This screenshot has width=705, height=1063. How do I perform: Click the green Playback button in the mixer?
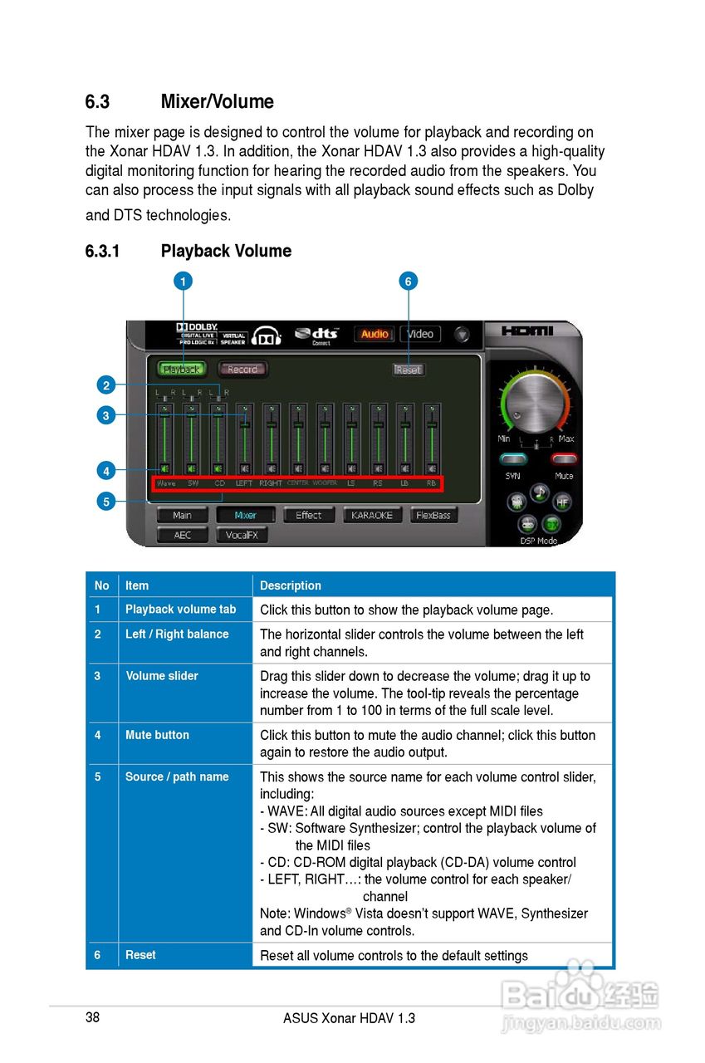point(181,369)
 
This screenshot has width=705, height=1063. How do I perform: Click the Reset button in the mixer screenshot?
point(408,370)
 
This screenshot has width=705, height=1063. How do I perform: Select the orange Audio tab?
point(375,334)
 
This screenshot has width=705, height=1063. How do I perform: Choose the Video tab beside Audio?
point(420,334)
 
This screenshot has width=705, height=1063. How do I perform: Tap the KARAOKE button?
point(371,515)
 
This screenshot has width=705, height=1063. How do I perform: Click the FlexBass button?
point(433,515)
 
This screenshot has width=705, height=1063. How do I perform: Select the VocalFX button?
point(242,536)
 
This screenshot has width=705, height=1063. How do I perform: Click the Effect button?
point(308,515)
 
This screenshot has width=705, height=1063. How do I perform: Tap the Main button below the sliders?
point(182,515)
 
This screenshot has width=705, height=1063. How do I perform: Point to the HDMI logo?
point(527,331)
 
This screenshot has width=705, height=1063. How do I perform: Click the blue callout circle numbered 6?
point(408,282)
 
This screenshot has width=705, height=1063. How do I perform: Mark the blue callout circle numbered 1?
point(182,282)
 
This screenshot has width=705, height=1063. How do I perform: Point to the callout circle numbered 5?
point(105,502)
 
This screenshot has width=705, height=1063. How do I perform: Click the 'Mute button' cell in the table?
point(157,735)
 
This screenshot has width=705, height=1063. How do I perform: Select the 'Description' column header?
point(290,585)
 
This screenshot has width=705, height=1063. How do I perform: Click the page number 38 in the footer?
point(92,1017)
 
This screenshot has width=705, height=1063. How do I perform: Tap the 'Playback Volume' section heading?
point(226,251)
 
